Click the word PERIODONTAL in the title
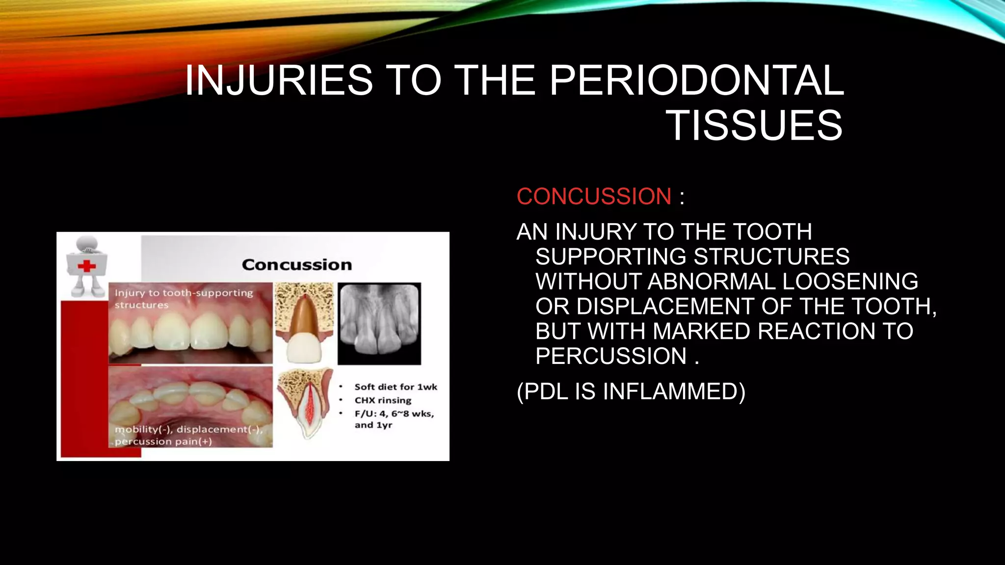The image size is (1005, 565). (696, 80)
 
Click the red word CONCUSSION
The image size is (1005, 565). (594, 197)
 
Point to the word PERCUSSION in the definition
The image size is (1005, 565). (611, 356)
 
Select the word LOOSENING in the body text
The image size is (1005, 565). (850, 282)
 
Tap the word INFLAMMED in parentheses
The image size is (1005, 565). (674, 392)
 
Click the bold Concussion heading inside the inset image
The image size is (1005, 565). (297, 265)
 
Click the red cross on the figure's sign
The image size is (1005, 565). (87, 266)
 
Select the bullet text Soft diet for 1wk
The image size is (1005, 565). (396, 387)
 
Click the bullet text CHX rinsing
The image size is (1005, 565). (383, 400)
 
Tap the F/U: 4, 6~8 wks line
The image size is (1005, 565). (394, 413)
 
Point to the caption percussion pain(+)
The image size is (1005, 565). (163, 441)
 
